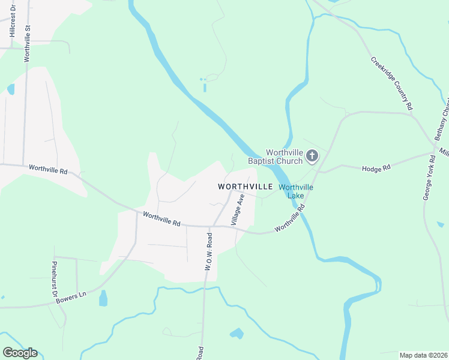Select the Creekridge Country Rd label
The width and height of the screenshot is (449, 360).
[392, 83]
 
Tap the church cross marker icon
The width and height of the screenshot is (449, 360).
[312, 157]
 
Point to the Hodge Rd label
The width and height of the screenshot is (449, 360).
[376, 168]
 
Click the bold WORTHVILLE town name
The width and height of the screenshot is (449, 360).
[246, 187]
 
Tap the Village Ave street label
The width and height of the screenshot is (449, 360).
[241, 208]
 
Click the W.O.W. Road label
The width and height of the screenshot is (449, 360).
[208, 252]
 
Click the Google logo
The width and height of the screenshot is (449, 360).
[20, 353]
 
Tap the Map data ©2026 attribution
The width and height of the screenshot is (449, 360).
[423, 355]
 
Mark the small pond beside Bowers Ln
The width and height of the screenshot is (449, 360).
[103, 298]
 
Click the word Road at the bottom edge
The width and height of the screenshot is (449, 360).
[200, 353]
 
